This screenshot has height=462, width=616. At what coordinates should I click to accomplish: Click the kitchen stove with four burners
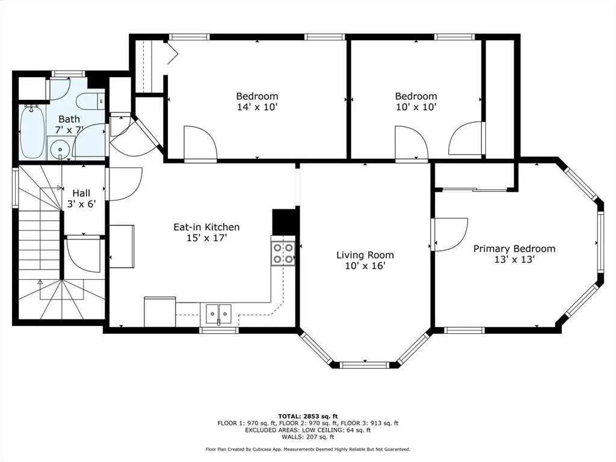click(283, 253)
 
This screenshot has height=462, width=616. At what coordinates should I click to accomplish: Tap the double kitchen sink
click(219, 313)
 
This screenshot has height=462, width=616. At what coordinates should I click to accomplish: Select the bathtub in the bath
click(32, 132)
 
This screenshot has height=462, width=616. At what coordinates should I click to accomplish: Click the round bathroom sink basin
click(60, 149)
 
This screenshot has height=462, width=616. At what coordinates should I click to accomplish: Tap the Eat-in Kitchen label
click(207, 227)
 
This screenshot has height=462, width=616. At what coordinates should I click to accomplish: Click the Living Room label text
click(365, 255)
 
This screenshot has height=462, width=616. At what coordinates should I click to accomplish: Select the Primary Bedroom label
click(514, 248)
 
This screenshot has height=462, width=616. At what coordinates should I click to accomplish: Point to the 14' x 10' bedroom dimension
click(257, 107)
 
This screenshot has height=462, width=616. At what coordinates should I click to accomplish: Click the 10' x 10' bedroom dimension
click(416, 107)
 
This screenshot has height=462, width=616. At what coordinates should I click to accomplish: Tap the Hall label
click(81, 193)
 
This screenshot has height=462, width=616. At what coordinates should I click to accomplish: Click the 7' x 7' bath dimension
click(69, 130)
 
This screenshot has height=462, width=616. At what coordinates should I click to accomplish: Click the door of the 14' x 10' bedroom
click(200, 143)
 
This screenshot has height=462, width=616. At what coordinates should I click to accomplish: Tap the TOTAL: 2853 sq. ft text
click(308, 416)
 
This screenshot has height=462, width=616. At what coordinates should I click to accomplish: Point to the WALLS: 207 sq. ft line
click(308, 437)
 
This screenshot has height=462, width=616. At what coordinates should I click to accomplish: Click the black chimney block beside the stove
click(284, 221)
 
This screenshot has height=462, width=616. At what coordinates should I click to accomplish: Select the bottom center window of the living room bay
click(365, 365)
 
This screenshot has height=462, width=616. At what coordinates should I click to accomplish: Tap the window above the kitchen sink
click(219, 330)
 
